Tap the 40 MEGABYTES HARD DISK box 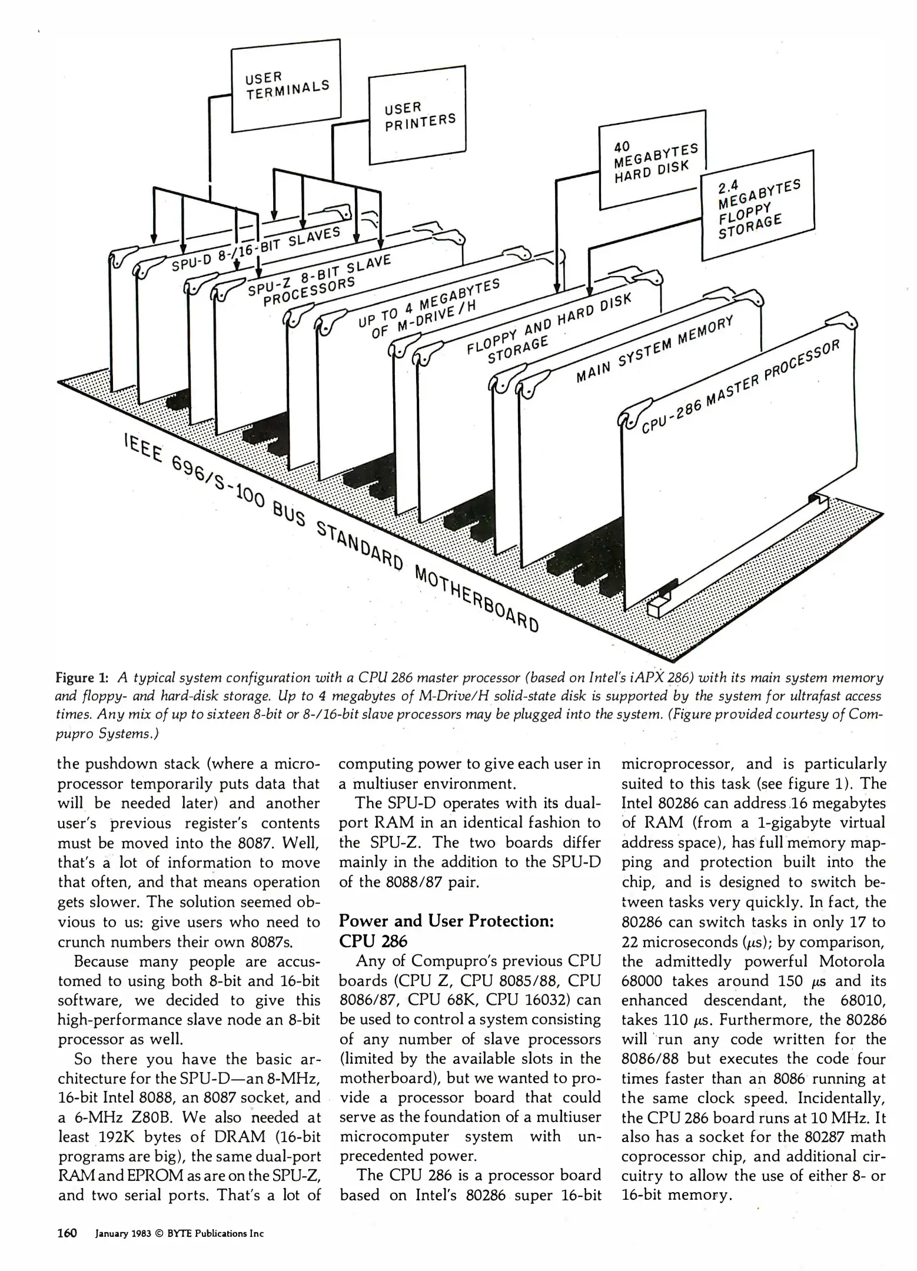click(652, 160)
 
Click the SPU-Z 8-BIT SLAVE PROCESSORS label click(318, 280)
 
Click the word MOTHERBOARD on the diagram click(476, 597)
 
